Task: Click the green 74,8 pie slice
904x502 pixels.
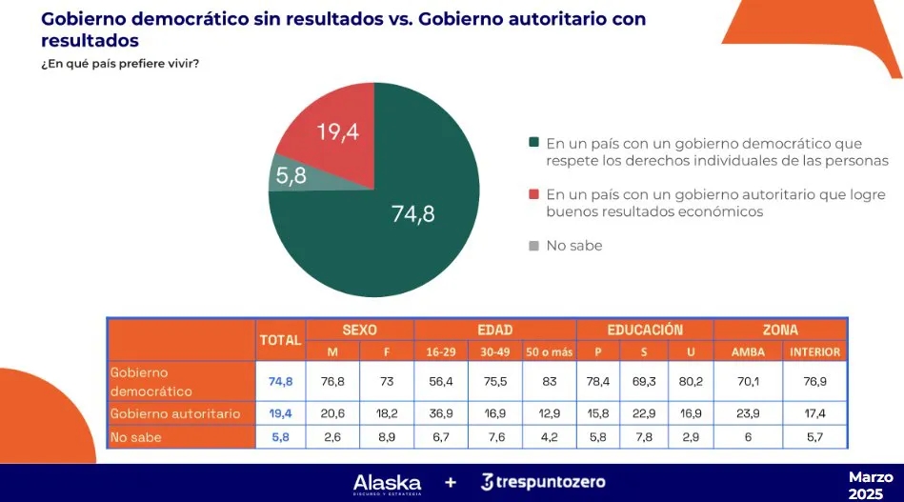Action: click(x=400, y=229)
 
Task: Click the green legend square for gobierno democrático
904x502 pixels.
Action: click(x=533, y=143)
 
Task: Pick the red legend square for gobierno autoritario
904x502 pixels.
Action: click(x=533, y=194)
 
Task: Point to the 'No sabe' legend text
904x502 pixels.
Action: click(x=573, y=246)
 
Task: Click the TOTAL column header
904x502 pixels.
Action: click(x=279, y=339)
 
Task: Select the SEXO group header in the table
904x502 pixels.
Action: click(x=359, y=330)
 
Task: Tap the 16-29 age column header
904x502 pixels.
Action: click(x=439, y=351)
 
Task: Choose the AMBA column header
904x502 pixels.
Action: click(x=747, y=351)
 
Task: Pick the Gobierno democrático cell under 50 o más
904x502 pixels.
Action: click(x=549, y=381)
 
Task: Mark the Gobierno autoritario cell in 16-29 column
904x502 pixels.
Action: click(x=439, y=413)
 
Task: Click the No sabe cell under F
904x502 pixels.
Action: click(x=387, y=437)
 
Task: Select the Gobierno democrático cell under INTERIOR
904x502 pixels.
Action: click(x=814, y=381)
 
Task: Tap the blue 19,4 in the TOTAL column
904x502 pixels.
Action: click(x=279, y=413)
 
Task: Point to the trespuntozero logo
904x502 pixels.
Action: click(x=543, y=482)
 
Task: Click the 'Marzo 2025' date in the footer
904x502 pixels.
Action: click(x=871, y=485)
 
